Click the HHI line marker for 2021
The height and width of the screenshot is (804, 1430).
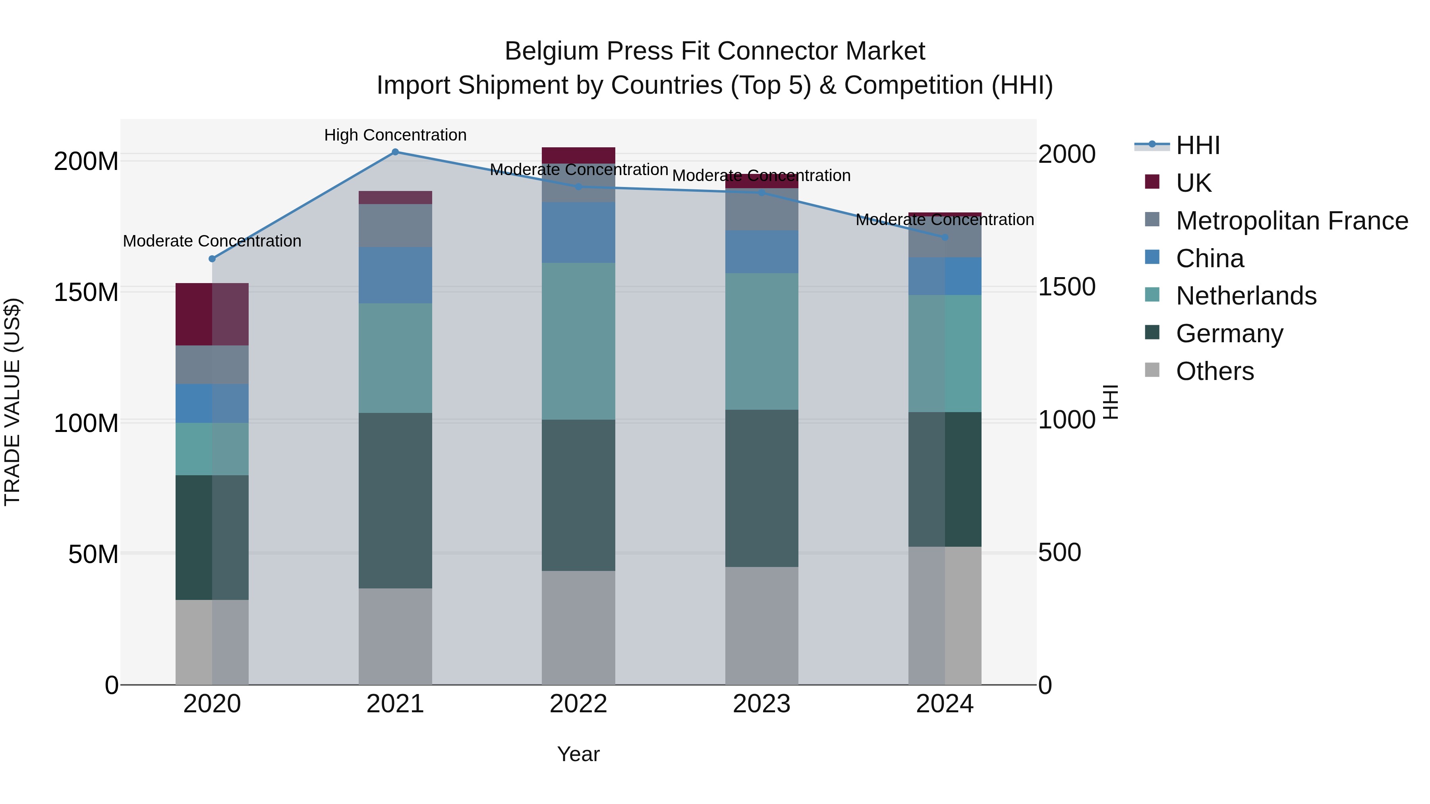395,152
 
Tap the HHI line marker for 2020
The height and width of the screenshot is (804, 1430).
212,258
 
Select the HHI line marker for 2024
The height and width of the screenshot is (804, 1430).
945,237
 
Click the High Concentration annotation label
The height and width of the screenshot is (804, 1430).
395,135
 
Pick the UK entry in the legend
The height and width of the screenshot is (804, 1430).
1194,183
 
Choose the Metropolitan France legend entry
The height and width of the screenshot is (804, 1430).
1292,220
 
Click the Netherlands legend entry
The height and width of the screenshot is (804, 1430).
1246,296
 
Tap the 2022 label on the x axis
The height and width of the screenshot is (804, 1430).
578,704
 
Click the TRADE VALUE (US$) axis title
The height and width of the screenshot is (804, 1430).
12,402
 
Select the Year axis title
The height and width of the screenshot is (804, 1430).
578,754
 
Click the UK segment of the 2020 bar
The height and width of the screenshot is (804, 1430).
212,314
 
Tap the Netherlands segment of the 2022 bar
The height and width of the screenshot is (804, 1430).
578,341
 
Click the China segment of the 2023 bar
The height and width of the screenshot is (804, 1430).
761,251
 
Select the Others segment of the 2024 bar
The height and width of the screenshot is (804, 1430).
945,615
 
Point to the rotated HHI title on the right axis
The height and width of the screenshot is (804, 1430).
1110,402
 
